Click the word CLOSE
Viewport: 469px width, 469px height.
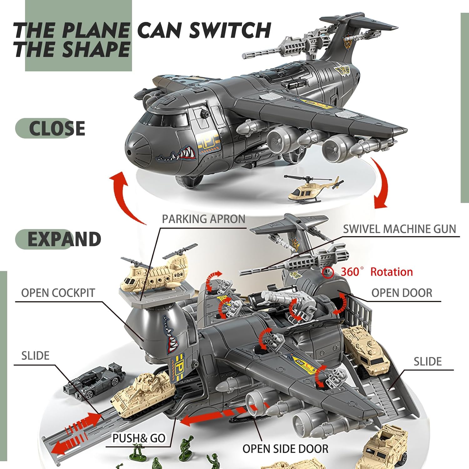tap(57, 128)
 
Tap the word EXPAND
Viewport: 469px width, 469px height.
tap(64, 239)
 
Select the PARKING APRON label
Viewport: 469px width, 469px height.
tap(204, 219)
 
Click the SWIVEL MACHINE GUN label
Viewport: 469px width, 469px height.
tap(399, 229)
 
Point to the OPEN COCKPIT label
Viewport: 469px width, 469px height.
tap(58, 293)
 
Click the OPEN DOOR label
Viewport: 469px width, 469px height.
tap(402, 293)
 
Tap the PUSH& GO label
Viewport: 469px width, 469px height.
tap(139, 438)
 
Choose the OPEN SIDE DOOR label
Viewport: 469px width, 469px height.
tap(285, 449)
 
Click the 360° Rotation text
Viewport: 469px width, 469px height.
tap(377, 272)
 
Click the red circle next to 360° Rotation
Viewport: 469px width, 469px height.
tap(327, 272)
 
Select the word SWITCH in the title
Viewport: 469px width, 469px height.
tap(230, 30)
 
